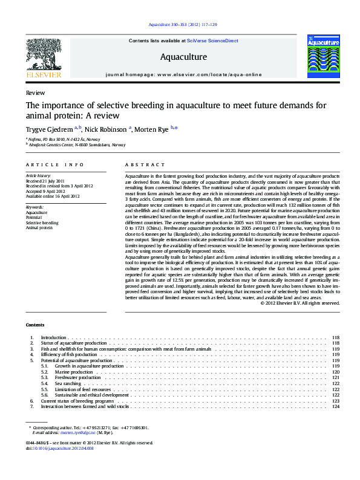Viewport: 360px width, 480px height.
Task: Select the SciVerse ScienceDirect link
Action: (x=212, y=41)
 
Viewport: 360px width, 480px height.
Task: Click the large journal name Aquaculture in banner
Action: (x=183, y=57)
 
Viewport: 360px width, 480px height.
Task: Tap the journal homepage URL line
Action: (x=183, y=74)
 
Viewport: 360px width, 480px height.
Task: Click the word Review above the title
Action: (x=35, y=92)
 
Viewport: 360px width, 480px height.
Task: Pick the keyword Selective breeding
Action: (x=42, y=223)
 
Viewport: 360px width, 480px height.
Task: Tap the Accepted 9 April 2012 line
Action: (x=47, y=191)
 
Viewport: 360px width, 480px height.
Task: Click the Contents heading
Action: (x=35, y=325)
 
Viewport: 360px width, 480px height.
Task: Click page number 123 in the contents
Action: (x=336, y=401)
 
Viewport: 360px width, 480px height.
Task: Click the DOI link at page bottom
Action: (x=60, y=447)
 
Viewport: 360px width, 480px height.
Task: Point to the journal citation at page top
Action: (x=182, y=24)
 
